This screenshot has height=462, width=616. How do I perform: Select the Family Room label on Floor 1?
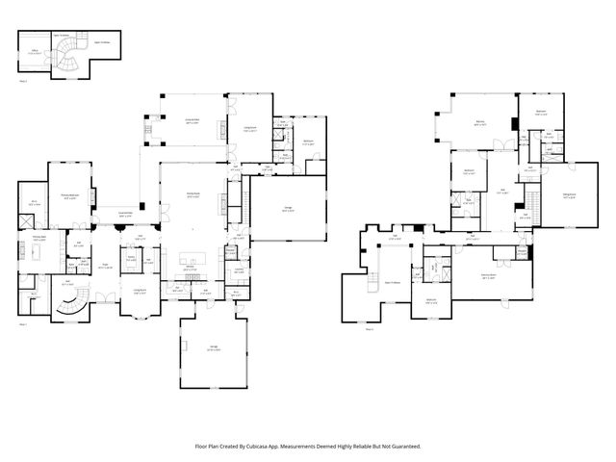pyautogui.click(x=192, y=194)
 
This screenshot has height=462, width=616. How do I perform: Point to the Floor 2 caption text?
pyautogui.click(x=370, y=329)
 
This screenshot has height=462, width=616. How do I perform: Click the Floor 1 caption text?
pyautogui.click(x=23, y=324)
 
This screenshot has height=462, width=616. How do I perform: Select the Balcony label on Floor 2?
pyautogui.click(x=479, y=122)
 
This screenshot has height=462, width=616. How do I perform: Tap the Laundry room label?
pyautogui.click(x=238, y=269)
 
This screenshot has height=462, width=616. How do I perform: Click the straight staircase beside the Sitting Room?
pyautogui.click(x=530, y=203)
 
